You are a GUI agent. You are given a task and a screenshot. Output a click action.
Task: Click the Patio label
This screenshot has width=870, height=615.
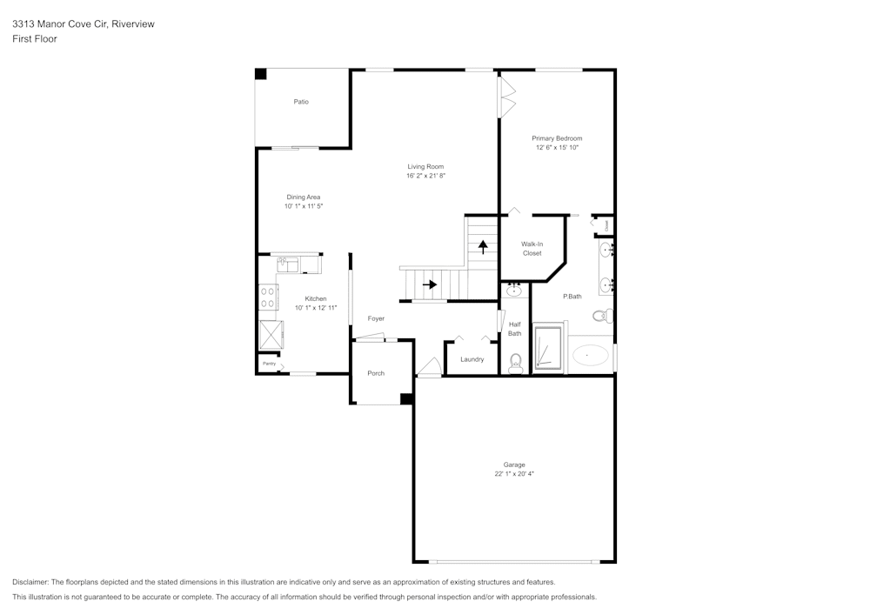[x=301, y=102]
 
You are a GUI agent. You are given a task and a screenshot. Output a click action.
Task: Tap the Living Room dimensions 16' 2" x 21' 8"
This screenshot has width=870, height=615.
[x=425, y=176]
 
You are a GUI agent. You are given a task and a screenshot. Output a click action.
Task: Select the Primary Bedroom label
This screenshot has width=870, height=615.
[x=557, y=138]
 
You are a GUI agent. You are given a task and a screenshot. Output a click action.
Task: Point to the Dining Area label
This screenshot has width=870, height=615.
[x=304, y=197]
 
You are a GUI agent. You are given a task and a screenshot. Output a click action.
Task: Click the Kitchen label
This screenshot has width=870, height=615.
[x=315, y=298]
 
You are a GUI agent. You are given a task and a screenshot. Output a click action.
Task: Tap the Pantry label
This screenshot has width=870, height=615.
[x=269, y=364]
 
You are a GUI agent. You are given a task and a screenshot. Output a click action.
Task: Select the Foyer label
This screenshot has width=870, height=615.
[x=376, y=318]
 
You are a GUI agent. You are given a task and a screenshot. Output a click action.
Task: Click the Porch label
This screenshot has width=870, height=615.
[x=376, y=373]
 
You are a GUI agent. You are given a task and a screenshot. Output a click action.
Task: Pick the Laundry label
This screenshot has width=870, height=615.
[x=472, y=359]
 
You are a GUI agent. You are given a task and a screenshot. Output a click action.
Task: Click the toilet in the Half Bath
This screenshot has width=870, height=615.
[x=515, y=361]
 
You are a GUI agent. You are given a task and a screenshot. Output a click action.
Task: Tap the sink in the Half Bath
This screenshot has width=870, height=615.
[x=514, y=291]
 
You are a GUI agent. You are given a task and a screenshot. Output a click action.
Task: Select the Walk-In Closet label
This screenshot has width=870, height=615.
[x=532, y=249]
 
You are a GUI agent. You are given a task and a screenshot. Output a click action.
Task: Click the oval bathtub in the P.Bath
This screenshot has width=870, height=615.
[x=592, y=355]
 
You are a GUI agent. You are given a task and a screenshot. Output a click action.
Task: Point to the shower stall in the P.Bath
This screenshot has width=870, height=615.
[x=547, y=348]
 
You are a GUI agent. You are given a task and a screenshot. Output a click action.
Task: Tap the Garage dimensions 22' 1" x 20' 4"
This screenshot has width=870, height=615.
[x=513, y=474]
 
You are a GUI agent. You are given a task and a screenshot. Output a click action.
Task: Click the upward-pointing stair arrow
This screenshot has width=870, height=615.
[x=483, y=246]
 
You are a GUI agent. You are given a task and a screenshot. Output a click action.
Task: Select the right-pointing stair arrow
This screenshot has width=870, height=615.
[x=430, y=284]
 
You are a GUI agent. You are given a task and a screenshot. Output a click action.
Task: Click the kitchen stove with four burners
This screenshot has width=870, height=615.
[x=267, y=297]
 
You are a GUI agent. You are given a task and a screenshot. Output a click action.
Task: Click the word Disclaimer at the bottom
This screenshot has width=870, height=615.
[x=30, y=582]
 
